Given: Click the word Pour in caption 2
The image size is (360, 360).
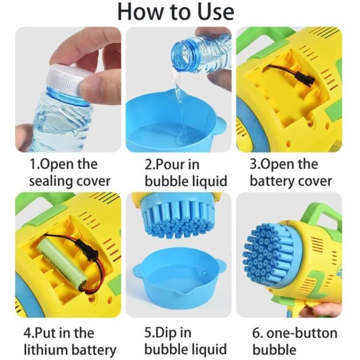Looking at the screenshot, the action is click(x=169, y=165).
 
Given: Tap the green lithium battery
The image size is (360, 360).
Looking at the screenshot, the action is click(x=62, y=264).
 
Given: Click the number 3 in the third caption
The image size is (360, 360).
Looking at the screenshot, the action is click(x=253, y=165).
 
